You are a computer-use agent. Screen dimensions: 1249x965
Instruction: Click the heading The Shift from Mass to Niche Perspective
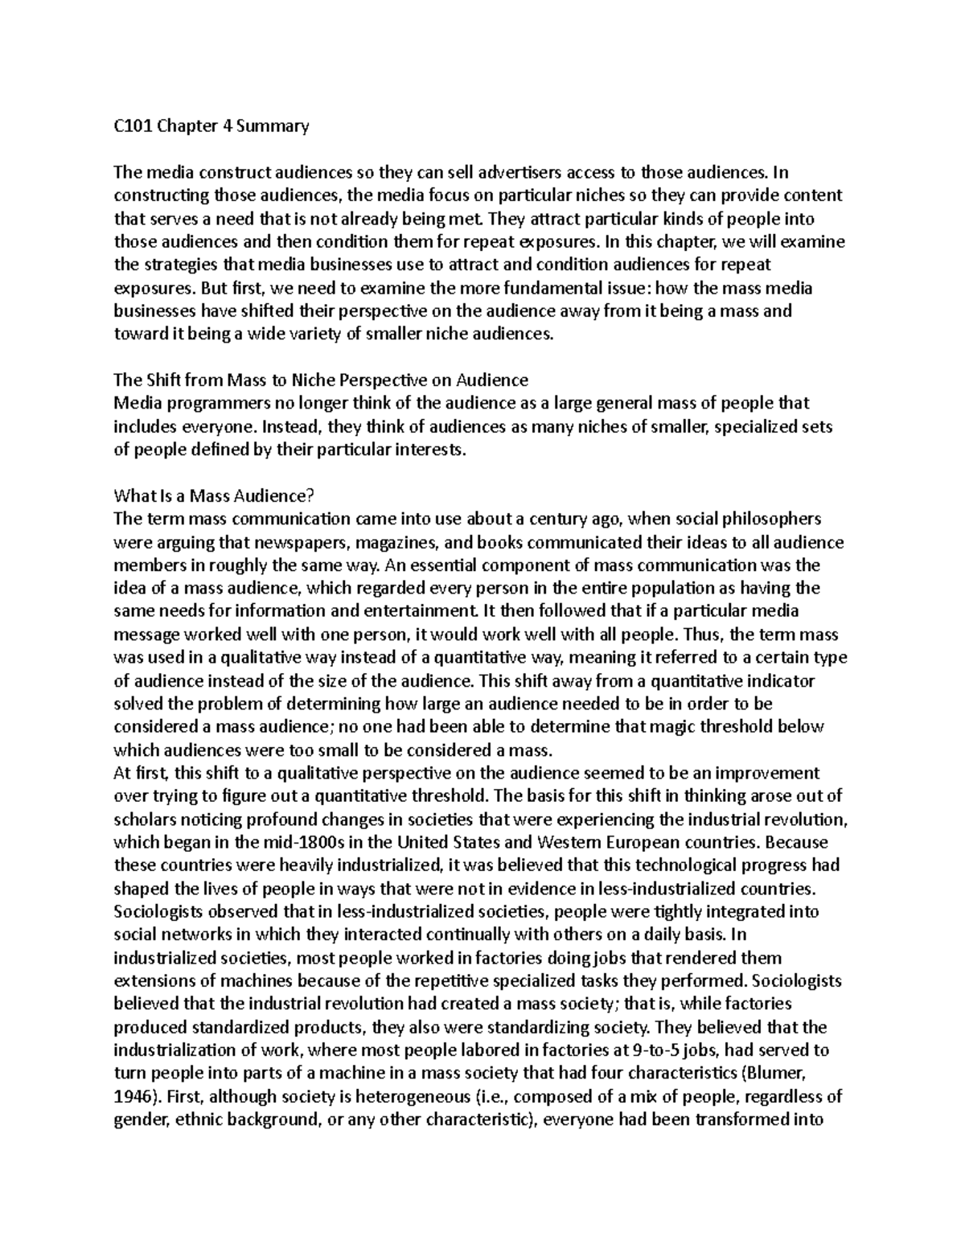[321, 380]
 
